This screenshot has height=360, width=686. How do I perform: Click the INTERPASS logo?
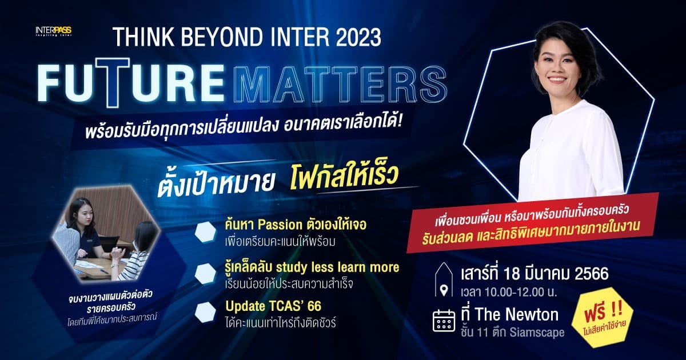(x=53, y=31)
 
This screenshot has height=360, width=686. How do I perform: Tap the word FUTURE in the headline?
(x=131, y=83)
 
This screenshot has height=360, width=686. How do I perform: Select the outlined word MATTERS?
(x=340, y=83)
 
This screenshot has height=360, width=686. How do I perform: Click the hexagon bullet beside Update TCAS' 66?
(x=205, y=312)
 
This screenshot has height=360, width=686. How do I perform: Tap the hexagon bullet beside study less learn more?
(x=205, y=273)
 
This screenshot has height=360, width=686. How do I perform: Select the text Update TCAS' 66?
(x=273, y=306)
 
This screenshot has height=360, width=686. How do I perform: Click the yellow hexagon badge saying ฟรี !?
(x=603, y=318)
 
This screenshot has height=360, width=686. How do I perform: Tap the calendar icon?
(x=444, y=321)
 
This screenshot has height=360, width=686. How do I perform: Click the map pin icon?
(x=444, y=290)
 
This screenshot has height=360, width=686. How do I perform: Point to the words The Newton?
(x=517, y=314)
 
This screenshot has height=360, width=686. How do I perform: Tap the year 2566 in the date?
(x=591, y=274)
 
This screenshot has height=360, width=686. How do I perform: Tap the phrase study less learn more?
(x=337, y=267)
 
